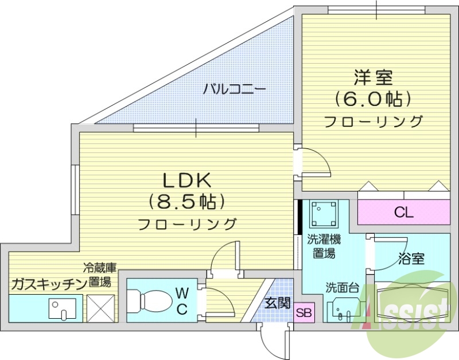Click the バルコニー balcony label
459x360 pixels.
234,89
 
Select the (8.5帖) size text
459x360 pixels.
186,201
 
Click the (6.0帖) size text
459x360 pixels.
374,99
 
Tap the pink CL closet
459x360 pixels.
403,213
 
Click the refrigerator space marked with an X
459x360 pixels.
100,308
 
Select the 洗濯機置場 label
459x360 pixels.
323,246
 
